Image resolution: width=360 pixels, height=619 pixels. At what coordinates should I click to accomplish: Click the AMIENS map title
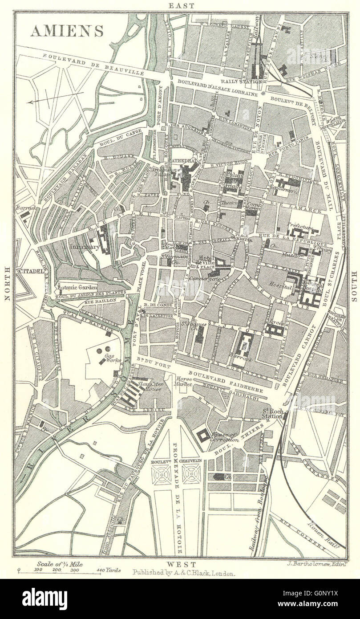(67, 31)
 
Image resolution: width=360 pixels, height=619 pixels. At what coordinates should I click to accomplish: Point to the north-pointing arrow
(56, 98)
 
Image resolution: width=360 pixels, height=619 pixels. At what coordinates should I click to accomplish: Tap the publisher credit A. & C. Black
(183, 574)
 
